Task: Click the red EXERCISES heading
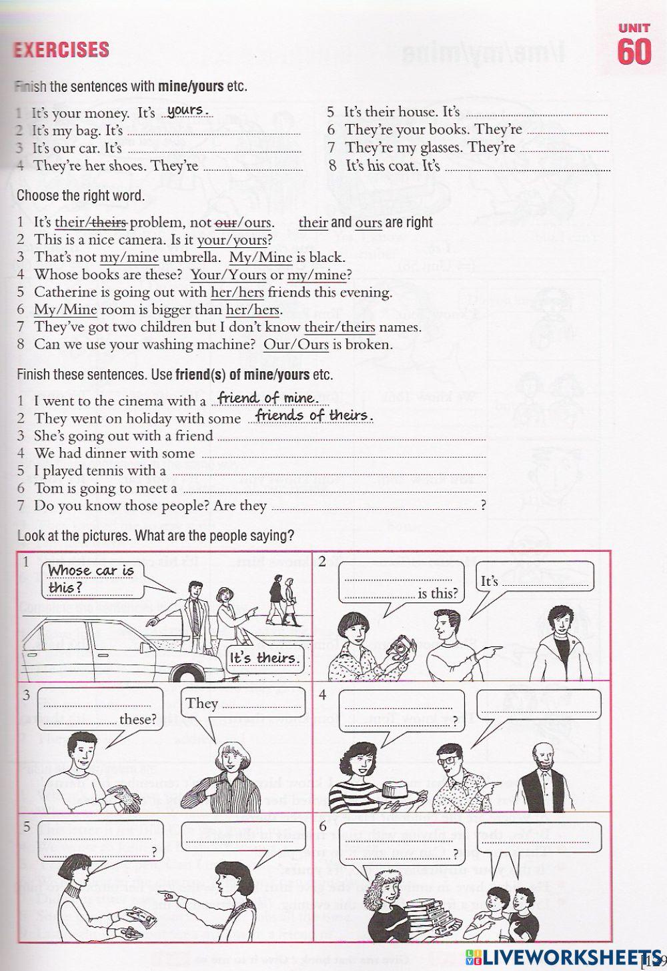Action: coord(61,50)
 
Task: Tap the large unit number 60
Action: coord(634,51)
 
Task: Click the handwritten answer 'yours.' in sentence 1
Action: coord(188,111)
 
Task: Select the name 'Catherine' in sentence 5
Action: coord(62,292)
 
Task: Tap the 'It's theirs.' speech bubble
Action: coord(263,658)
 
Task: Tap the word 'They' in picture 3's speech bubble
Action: coord(202,703)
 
